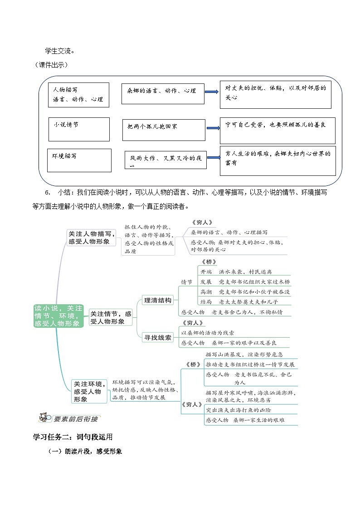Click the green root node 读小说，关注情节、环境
[59, 316]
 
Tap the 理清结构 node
[157, 300]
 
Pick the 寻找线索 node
[157, 337]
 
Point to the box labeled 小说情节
[79, 129]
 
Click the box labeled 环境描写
[79, 160]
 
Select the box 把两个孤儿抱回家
[164, 130]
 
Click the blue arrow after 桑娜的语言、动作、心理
[212, 92]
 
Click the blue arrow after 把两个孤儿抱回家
[212, 127]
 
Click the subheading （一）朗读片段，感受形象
[85, 451]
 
